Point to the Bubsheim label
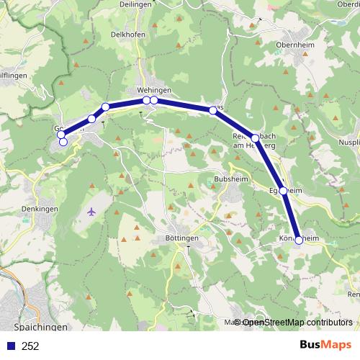pos(230,179)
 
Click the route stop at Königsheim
pos(299,240)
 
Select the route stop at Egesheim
pos(284,191)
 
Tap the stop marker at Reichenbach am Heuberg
pos(255,138)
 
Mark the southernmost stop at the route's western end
pos(63,142)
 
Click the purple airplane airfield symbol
pos(91,212)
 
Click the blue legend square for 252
pos(10,346)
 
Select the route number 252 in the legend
pos(30,346)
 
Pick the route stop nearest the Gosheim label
pos(61,134)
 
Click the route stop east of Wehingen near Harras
pos(212,110)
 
